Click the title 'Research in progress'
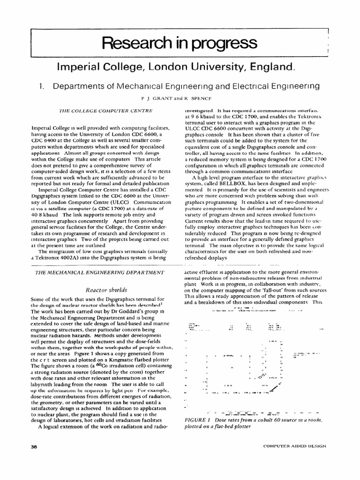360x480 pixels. [180, 43]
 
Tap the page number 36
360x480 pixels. [33, 447]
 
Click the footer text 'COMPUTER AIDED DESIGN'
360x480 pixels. [294, 447]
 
